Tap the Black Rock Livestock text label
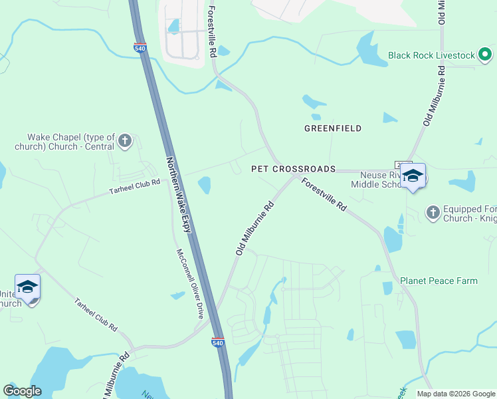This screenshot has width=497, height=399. coord(432,55)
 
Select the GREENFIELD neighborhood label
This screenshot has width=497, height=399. coord(333,128)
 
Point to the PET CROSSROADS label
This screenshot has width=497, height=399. coord(293,169)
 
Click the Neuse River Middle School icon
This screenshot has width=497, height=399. coord(413,176)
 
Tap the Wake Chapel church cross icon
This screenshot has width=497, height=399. coord(124,140)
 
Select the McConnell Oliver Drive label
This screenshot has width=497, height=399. coord(187,283)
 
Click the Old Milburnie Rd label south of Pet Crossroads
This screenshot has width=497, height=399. coord(254,228)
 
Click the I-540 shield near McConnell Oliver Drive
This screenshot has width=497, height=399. coord(218,342)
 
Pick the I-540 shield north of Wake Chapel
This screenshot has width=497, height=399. coord(140,48)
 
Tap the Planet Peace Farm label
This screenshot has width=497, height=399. coord(439,281)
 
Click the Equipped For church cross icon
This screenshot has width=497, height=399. coord(433,211)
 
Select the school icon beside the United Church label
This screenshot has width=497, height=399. coord(27,287)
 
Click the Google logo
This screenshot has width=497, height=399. coord(22,391)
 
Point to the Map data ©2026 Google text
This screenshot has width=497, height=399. coord(455,394)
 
